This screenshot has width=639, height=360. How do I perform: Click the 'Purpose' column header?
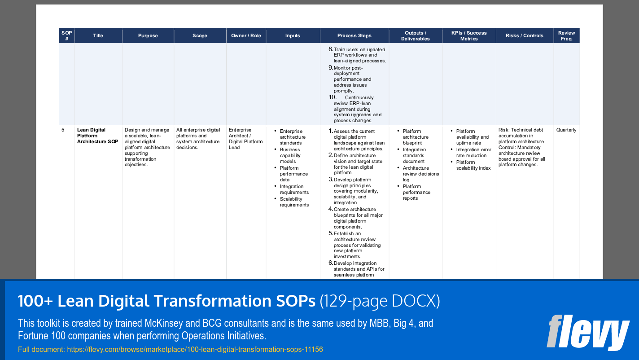click(x=148, y=36)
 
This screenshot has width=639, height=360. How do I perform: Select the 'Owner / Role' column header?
click(x=246, y=36)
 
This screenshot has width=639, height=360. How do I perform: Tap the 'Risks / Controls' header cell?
click(x=524, y=36)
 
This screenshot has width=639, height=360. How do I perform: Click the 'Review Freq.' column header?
click(x=566, y=36)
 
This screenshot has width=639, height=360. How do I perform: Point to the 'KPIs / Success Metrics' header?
click(x=469, y=36)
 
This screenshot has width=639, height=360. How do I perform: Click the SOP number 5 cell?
click(x=63, y=130)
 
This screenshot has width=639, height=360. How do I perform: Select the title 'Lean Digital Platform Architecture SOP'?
click(x=98, y=136)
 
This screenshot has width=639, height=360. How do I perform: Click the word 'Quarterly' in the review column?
click(x=566, y=130)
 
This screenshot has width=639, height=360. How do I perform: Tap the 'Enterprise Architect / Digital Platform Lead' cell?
click(x=245, y=138)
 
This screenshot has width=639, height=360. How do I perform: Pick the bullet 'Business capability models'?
click(x=290, y=155)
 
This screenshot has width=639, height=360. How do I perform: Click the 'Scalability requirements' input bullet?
click(x=294, y=202)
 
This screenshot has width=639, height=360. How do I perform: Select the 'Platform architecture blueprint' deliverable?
click(x=416, y=137)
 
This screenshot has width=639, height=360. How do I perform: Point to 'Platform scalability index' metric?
click(x=473, y=165)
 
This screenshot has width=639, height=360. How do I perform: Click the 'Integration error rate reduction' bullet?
click(x=473, y=153)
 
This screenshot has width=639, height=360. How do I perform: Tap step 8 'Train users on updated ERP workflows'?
click(x=359, y=55)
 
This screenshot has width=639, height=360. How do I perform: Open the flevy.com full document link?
click(x=195, y=349)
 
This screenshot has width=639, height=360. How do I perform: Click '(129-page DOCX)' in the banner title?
click(x=380, y=302)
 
